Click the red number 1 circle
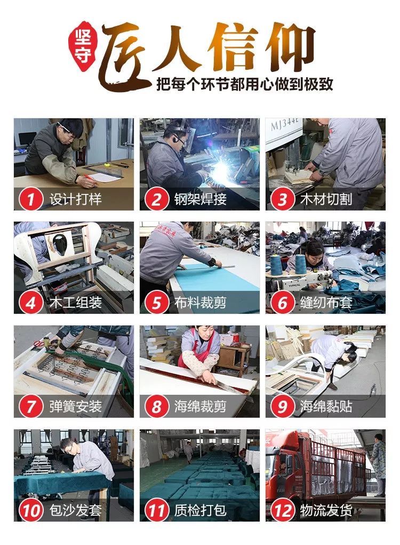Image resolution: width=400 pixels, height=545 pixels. (30, 199)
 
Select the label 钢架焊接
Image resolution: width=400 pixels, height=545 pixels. (200, 200)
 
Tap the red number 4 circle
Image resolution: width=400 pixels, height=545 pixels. (30, 303)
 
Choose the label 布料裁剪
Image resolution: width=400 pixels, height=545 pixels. (200, 304)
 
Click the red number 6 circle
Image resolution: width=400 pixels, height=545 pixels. (283, 303)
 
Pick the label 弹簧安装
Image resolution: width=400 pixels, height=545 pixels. (75, 407)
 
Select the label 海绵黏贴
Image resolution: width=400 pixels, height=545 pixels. (326, 407)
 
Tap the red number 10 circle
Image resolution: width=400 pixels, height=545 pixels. (30, 511)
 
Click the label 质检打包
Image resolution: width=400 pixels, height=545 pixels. (200, 511)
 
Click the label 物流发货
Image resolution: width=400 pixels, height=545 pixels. (326, 511)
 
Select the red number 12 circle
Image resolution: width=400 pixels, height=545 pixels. (283, 511)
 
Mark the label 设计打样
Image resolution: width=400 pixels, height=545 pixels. (75, 200)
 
